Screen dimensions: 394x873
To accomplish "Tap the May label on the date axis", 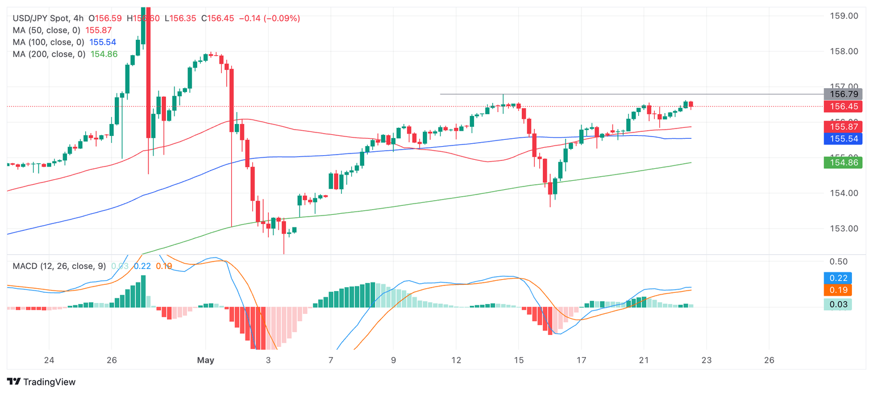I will pos(205,360).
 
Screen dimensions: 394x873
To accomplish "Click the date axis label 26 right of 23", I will pos(769,360).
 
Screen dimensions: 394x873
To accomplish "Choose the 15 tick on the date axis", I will pos(518,360).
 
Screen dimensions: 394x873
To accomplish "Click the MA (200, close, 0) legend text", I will pos(49,54).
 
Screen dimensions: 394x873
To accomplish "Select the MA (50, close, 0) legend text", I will pos(47,30).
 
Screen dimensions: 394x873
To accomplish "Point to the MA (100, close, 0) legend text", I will pos(49,42).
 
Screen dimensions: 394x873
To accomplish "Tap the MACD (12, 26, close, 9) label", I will pos(59,266).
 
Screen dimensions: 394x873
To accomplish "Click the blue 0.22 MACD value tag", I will pos(838,278).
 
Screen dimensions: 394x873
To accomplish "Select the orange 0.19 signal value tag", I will pos(838,290).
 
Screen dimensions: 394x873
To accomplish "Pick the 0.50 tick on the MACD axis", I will pos(839,262).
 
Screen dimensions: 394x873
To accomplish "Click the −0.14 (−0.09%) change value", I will pos(270,18).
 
